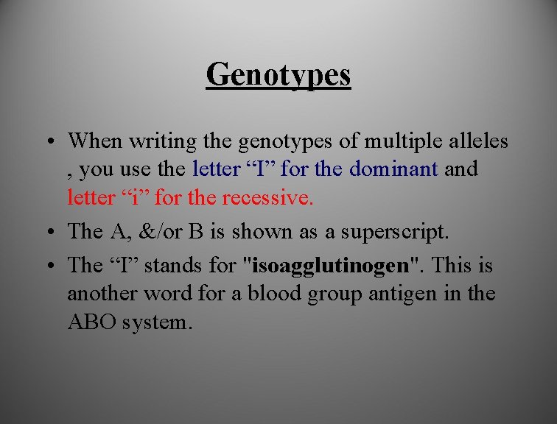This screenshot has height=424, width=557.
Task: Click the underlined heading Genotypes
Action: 278,74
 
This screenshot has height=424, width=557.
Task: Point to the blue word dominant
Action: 394,169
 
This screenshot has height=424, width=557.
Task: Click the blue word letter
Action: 216,169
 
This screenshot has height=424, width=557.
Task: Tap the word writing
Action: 162,140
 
